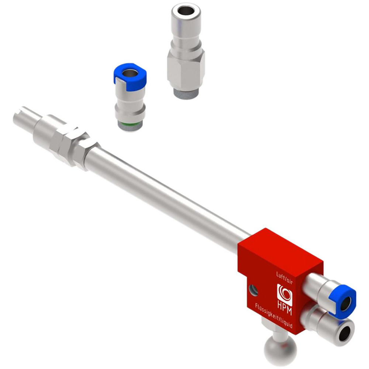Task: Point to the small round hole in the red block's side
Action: [x=253, y=290]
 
